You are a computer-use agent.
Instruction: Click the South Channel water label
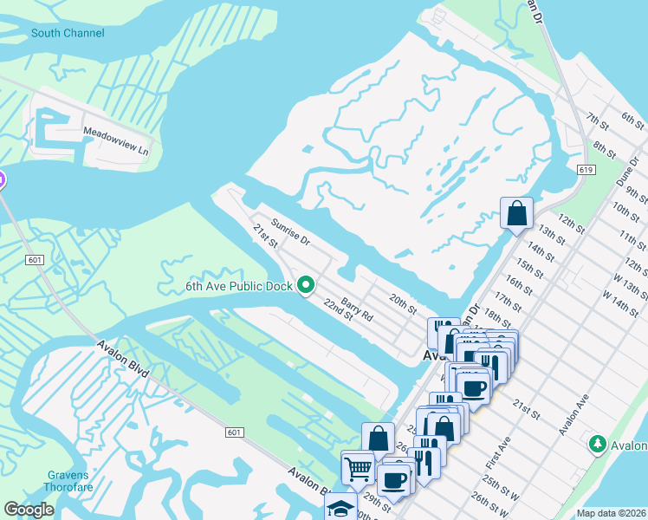coord(68,33)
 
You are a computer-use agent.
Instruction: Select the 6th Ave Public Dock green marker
coord(305,284)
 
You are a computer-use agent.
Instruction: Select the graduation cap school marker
coord(341,506)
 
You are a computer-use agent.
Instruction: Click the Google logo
coord(29,510)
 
